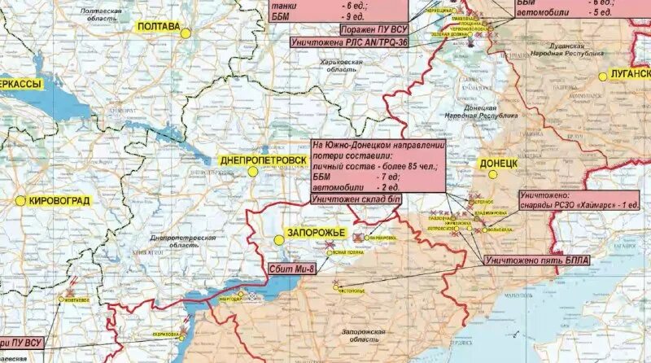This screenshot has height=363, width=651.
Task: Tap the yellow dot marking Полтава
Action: (186, 33)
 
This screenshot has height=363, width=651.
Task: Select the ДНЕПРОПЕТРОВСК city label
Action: (264, 160)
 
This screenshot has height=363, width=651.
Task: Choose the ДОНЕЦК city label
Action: (499, 164)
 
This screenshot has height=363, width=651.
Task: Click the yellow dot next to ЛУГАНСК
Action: (603, 76)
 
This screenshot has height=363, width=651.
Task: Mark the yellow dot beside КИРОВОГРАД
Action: (20, 199)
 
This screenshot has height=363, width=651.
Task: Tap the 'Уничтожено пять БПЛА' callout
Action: (536, 260)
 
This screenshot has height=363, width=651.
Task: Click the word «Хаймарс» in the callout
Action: (582, 204)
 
